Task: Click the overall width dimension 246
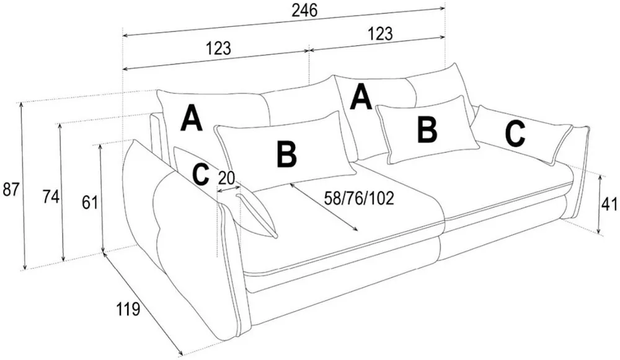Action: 304,11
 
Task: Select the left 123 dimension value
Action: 218,48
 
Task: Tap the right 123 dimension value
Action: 381,33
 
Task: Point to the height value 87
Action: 10,189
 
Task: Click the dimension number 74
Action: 51,196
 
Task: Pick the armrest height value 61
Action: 90,203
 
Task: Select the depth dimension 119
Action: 128,309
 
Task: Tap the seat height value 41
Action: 609,204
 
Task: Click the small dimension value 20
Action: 226,178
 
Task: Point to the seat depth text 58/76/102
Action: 359,198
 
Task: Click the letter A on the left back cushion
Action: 192,117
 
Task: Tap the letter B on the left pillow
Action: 286,154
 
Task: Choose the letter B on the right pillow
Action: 427,130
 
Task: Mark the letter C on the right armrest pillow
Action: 515,134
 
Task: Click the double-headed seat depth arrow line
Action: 324,207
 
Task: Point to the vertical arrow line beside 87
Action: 23,186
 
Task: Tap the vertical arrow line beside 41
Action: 600,204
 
